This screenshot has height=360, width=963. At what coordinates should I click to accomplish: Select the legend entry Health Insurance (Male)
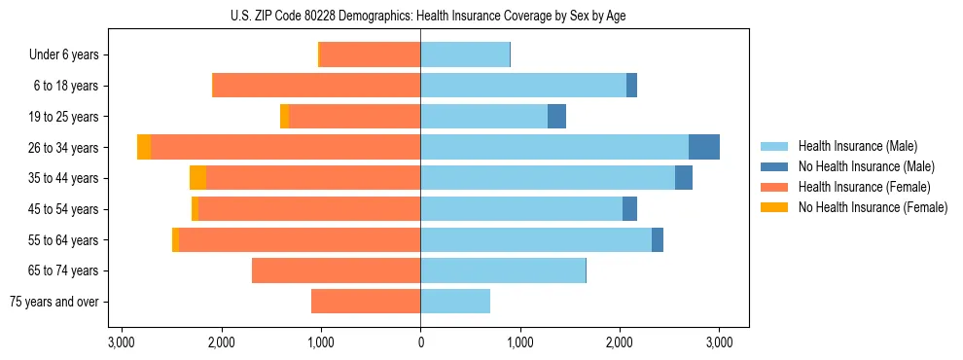coord(852,146)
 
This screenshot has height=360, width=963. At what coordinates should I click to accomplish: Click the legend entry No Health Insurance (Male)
coord(866,166)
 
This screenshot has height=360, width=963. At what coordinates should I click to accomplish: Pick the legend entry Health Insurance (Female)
coord(858,187)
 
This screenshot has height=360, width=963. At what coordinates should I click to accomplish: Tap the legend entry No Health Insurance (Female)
coord(872,207)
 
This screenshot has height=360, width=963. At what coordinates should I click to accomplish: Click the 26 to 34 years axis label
coord(63,148)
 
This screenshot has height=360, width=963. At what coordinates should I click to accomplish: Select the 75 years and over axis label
coord(54,302)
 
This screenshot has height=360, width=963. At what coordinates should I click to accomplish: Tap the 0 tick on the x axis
coord(420,342)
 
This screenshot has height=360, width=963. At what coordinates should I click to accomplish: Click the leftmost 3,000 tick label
coord(122,342)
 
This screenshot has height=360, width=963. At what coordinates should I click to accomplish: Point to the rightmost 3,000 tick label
coord(719,342)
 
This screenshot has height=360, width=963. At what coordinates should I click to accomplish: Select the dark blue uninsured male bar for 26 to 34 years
coord(704,147)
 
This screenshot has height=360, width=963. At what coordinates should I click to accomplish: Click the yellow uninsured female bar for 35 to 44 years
coord(197,178)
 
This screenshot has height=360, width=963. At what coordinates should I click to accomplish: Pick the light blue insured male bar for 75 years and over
coord(455,302)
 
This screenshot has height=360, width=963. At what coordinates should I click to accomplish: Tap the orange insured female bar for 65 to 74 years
coord(336,270)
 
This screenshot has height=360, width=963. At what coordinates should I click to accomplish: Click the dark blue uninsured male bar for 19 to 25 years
coord(556,117)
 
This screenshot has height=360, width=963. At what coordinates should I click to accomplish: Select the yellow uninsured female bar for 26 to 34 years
coord(144,147)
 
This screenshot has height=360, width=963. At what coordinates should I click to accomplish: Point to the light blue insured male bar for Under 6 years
coord(465,55)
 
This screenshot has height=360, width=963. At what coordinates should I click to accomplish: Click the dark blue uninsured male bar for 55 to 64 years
coord(658,239)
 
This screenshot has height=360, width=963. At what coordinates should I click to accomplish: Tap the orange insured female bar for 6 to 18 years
coord(316,86)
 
